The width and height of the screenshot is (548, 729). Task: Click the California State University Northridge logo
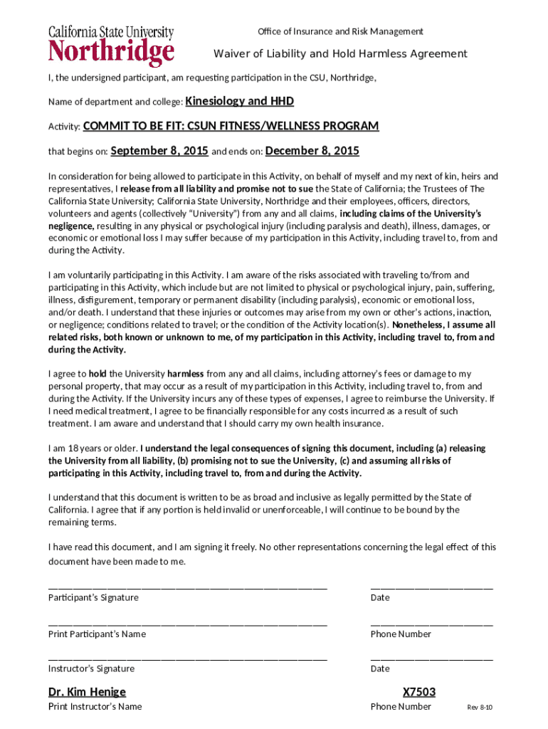coord(111,46)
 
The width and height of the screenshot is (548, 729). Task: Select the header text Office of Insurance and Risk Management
coord(340,31)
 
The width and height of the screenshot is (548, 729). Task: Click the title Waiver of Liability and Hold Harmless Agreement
coord(341,54)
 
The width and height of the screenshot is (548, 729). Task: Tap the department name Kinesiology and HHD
coord(240,101)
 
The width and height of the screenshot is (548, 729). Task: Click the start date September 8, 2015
coord(159,151)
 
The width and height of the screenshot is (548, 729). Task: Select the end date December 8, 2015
coord(312,151)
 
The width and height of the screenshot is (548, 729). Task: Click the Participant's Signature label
coord(93,597)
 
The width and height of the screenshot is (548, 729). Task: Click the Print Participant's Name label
coord(97,634)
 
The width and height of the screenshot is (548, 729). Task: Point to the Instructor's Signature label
coord(91,668)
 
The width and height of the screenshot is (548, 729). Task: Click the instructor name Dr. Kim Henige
coord(87,692)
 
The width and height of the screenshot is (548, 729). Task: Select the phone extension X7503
coord(418,692)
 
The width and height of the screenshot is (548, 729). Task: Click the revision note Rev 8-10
coord(480,707)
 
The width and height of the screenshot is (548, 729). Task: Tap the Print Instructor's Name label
coord(95,706)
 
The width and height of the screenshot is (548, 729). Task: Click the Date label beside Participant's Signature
coord(380,597)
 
